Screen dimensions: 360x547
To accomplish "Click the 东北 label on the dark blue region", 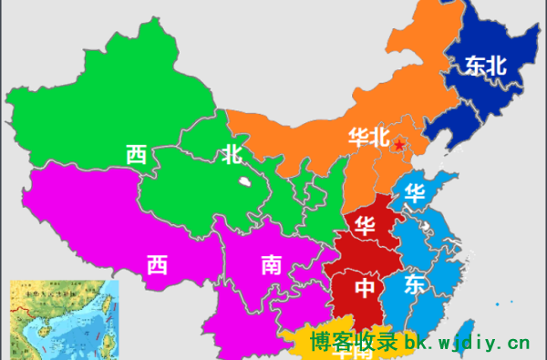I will point(485,66).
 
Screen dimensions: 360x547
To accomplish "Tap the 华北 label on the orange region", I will point(368,138).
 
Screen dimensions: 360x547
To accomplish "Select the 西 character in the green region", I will point(137,154).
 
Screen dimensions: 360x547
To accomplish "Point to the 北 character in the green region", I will point(232,154).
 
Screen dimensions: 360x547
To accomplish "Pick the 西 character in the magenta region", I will point(157,265).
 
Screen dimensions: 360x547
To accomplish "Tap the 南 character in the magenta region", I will point(272,265).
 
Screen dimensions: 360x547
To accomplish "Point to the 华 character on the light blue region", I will point(416,193).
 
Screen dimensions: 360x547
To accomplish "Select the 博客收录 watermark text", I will point(354,344).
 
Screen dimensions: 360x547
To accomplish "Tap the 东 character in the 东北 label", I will point(474,66).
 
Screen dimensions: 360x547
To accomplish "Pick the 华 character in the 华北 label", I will point(358,138).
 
